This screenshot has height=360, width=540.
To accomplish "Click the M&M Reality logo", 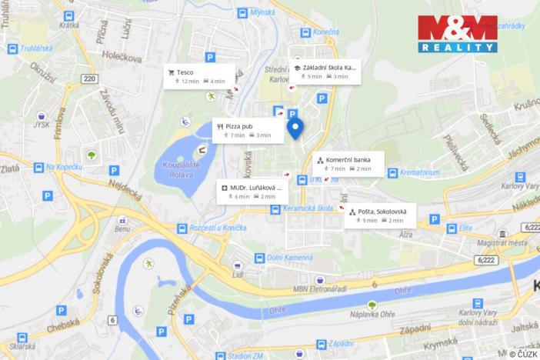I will click(x=457, y=34).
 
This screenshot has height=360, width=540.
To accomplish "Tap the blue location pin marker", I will click(x=295, y=128).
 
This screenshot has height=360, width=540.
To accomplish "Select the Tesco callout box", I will click(x=195, y=76).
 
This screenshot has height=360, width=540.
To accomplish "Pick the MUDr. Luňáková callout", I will click(x=251, y=192).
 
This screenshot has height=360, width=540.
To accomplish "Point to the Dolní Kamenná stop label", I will click(x=290, y=258).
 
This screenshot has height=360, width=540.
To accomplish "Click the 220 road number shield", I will click(x=90, y=78).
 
